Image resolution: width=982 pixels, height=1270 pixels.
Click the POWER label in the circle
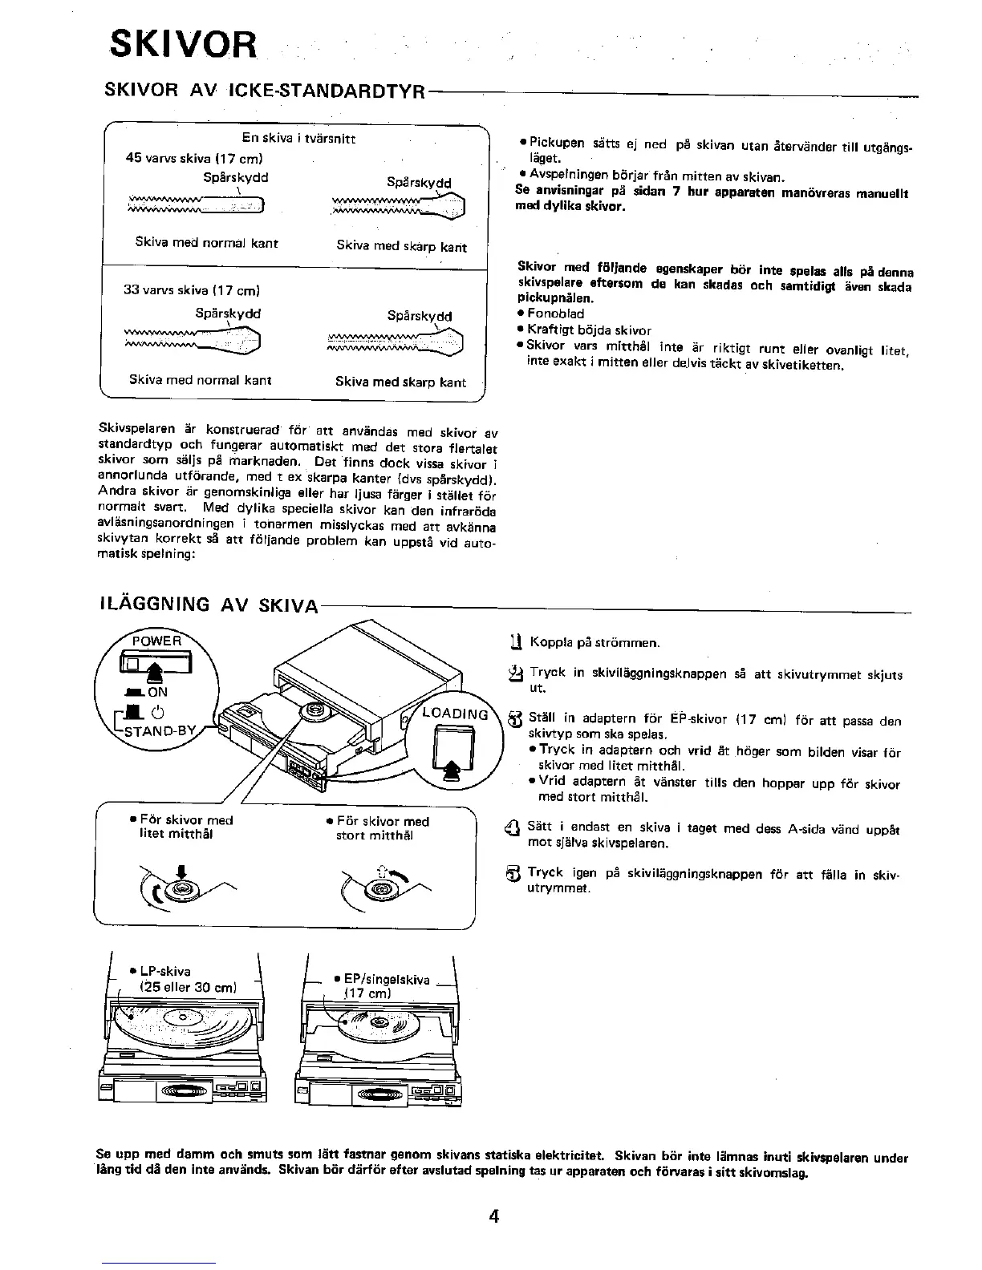(156, 641)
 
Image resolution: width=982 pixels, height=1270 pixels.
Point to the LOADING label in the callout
(455, 714)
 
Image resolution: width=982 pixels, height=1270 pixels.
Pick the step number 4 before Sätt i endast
(515, 830)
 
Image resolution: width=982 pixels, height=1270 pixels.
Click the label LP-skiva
(165, 971)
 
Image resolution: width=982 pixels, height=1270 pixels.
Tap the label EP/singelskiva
(386, 979)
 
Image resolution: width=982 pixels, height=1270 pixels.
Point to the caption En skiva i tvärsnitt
(298, 138)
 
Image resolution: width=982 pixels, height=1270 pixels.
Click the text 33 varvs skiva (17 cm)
(192, 290)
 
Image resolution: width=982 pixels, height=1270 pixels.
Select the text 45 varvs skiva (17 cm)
(195, 158)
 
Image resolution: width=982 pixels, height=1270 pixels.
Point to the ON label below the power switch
(157, 692)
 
